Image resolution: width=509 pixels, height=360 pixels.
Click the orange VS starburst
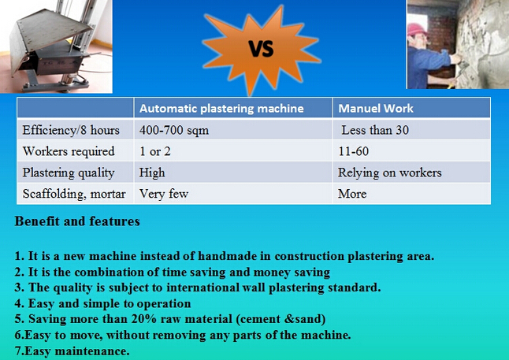260,49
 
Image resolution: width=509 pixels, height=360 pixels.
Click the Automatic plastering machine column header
221,108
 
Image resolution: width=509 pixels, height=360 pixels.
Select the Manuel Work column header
376,108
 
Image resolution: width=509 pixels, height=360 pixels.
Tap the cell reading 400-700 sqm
174,130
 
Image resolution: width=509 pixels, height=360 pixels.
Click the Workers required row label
69,151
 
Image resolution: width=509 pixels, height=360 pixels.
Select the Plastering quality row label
69,173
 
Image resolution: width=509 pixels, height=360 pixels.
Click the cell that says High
152,173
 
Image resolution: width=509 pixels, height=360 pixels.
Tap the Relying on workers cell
389,173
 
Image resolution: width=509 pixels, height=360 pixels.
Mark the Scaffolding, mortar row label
73,193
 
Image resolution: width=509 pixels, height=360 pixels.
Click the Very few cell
164,193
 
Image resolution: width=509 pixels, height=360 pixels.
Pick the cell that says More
352,193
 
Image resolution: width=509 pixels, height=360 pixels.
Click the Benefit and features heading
77,221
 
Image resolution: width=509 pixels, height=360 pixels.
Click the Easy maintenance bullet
72,350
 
